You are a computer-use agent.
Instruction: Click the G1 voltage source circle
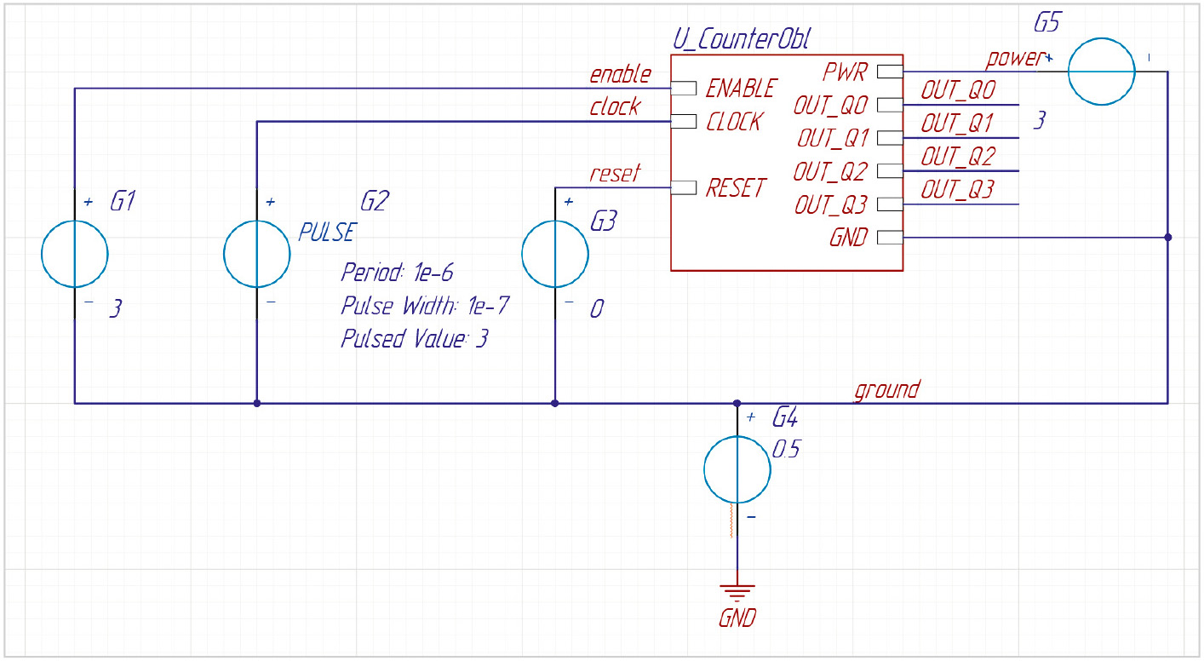(x=42, y=254)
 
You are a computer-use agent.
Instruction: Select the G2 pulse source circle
(x=224, y=254)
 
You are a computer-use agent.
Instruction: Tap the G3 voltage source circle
(x=523, y=254)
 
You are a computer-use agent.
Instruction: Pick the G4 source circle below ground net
(x=705, y=469)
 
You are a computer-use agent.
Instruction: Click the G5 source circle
(x=1069, y=72)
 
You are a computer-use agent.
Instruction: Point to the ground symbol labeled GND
(x=737, y=592)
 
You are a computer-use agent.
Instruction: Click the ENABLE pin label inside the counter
(x=741, y=89)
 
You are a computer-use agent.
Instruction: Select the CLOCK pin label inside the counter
(x=734, y=122)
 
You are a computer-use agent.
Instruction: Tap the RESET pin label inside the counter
(x=736, y=188)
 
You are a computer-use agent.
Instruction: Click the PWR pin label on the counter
(x=845, y=72)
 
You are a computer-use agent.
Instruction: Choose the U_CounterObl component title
(x=741, y=40)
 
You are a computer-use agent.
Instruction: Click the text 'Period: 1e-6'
(x=397, y=273)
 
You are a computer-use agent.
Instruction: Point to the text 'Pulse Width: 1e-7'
(x=425, y=306)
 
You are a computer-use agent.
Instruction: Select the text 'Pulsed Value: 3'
(x=415, y=339)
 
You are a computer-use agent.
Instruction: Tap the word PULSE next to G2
(x=327, y=233)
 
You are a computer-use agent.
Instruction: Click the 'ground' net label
(x=887, y=389)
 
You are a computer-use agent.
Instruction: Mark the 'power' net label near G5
(x=1014, y=58)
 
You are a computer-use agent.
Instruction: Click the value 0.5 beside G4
(x=786, y=449)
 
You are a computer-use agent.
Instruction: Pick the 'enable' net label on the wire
(x=620, y=75)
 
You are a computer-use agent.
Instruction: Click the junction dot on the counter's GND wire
(x=1168, y=237)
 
